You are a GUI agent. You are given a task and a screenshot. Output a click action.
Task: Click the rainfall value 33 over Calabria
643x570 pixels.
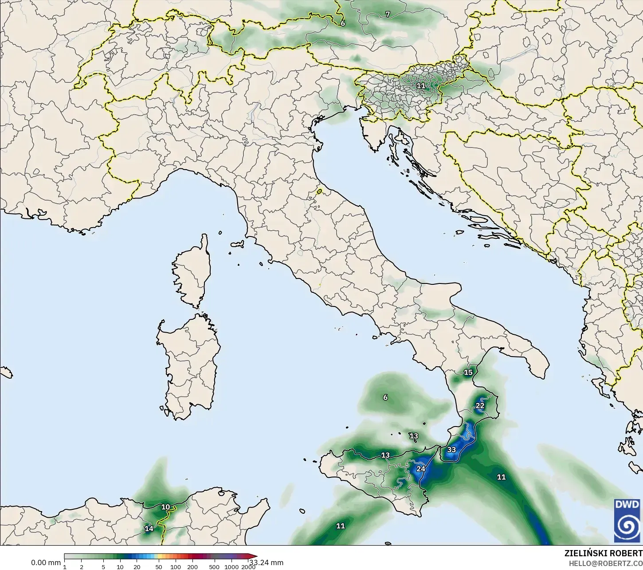pyautogui.click(x=451, y=450)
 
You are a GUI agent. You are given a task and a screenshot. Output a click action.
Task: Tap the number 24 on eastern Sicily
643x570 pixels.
pyautogui.click(x=420, y=469)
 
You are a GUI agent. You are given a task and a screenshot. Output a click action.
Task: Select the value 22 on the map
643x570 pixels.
pyautogui.click(x=480, y=406)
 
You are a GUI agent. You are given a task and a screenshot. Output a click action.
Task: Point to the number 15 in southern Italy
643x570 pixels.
pyautogui.click(x=468, y=372)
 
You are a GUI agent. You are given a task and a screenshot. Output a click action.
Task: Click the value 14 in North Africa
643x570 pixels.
pyautogui.click(x=149, y=528)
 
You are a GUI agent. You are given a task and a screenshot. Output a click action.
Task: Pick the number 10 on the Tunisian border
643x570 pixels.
pyautogui.click(x=165, y=507)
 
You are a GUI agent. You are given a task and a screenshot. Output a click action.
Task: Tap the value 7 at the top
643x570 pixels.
pyautogui.click(x=388, y=14)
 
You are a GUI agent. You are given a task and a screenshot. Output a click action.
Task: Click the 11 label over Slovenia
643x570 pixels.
pyautogui.click(x=420, y=85)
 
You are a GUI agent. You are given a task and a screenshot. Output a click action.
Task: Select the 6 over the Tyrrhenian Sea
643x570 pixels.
pyautogui.click(x=385, y=397)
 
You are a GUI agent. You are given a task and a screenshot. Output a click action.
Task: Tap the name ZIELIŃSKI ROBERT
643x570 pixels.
pyautogui.click(x=603, y=553)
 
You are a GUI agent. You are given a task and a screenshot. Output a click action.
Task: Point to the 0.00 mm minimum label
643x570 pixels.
pyautogui.click(x=46, y=562)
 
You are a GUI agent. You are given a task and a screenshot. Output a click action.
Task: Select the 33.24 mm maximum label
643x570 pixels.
pyautogui.click(x=266, y=562)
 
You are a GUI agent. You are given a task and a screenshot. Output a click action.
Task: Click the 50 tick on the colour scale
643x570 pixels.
pyautogui.click(x=159, y=567)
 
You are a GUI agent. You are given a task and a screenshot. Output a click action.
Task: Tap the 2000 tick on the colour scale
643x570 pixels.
pyautogui.click(x=248, y=567)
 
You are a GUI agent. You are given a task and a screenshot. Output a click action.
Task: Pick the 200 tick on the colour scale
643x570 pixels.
pyautogui.click(x=192, y=567)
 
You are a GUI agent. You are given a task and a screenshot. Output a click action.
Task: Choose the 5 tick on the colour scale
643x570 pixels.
pyautogui.click(x=103, y=567)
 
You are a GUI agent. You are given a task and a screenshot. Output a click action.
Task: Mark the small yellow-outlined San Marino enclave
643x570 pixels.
pyautogui.click(x=320, y=192)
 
